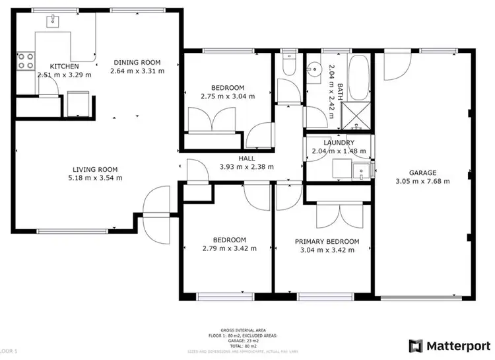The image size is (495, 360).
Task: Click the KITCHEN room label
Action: (64, 66)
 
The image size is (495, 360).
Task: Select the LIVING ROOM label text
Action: (95, 168)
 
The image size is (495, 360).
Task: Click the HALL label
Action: (246, 159)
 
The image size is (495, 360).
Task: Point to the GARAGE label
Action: (422, 173)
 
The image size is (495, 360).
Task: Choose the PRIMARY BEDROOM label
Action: (327, 241)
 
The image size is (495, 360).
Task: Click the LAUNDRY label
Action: (339, 143)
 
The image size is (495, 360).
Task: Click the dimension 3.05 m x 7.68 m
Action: (422, 182)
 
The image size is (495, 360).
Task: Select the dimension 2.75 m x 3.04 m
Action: (228, 96)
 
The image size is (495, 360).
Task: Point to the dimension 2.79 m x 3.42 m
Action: (229, 249)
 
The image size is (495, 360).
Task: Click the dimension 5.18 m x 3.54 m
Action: (95, 177)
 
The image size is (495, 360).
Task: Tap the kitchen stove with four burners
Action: (25, 61)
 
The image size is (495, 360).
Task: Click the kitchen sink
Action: (51, 21)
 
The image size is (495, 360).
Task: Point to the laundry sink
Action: (360, 172)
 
